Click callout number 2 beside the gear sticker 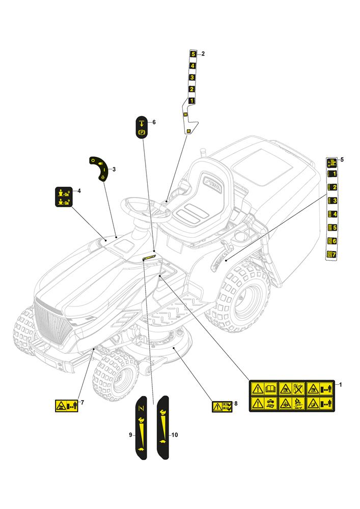(x=203, y=53)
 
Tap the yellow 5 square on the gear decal (x=192, y=54)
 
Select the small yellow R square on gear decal (x=189, y=131)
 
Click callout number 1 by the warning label (x=341, y=384)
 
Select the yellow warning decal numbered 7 (x=66, y=406)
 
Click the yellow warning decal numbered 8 (x=222, y=406)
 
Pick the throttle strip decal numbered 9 (x=141, y=428)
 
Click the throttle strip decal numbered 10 (x=162, y=428)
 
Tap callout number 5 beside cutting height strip (x=342, y=160)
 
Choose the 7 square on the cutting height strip (x=331, y=253)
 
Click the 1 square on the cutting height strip (x=331, y=174)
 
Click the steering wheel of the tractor (x=145, y=209)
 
